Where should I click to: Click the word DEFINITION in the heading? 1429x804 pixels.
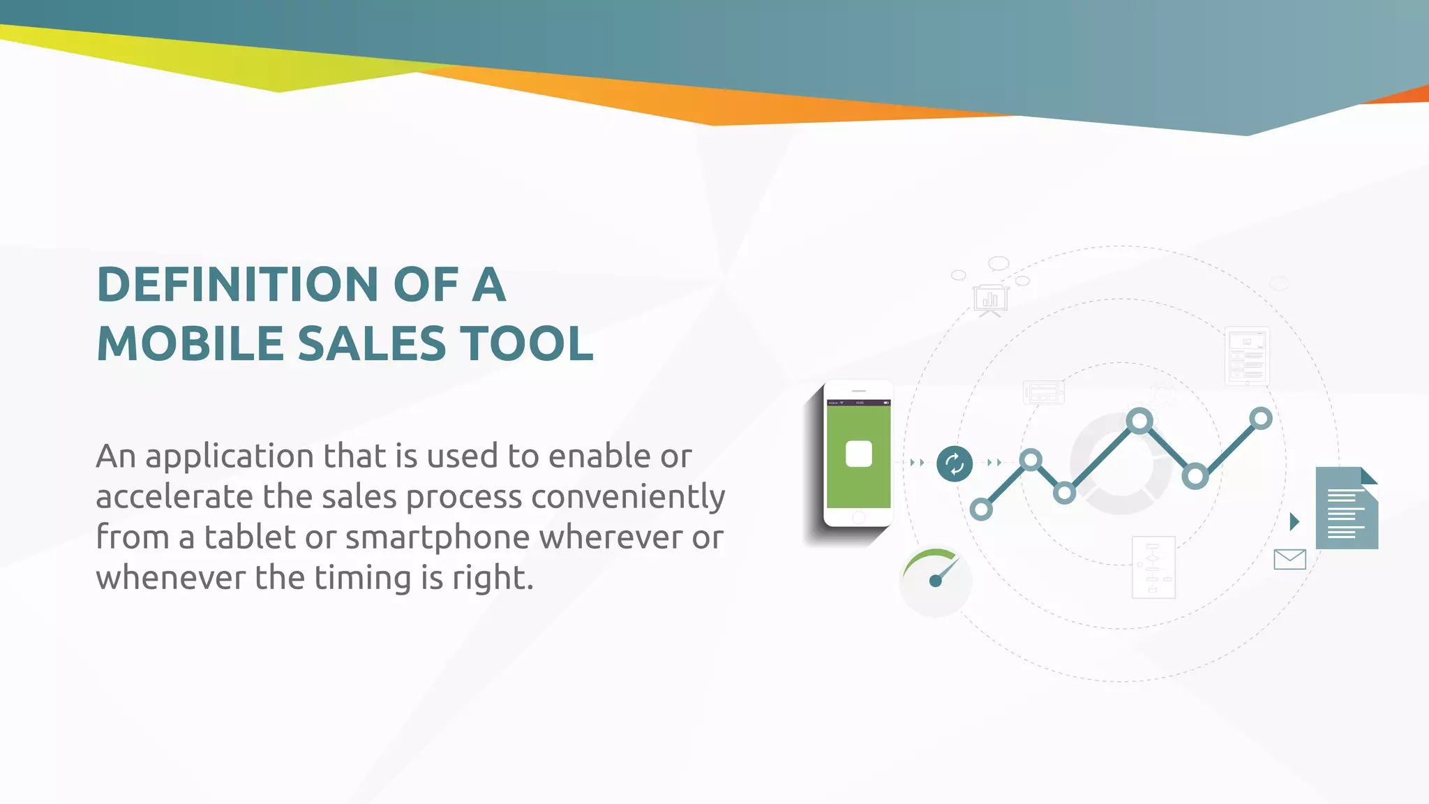[237, 285]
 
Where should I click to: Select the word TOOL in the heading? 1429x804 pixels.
[530, 343]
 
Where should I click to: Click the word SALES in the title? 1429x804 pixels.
[372, 343]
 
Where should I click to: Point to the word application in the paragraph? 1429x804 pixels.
[230, 457]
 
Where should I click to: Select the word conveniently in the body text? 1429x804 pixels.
[628, 497]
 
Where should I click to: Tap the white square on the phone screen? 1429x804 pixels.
[858, 454]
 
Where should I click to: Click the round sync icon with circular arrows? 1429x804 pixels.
[955, 463]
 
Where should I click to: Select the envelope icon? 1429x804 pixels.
[1289, 559]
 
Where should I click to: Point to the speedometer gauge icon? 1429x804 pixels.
[935, 579]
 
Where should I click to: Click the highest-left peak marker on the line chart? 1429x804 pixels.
[1139, 421]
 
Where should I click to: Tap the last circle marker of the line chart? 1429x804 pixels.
[1261, 419]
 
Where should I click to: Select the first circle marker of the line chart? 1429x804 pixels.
[981, 509]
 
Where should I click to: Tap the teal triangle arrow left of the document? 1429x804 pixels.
[1295, 521]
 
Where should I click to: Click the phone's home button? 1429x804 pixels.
[859, 517]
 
